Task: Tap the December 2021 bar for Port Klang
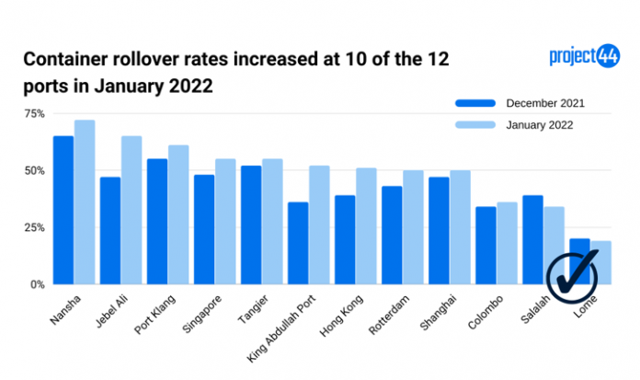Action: tap(157, 221)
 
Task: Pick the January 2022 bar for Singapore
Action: tap(225, 221)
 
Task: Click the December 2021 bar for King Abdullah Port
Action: tap(298, 243)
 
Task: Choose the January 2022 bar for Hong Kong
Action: tap(366, 226)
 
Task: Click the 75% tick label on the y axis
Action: tap(34, 113)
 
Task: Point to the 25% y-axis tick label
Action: tap(34, 227)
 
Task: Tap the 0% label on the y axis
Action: tap(37, 284)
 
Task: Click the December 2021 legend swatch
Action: tap(475, 103)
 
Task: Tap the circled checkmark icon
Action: tap(573, 272)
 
